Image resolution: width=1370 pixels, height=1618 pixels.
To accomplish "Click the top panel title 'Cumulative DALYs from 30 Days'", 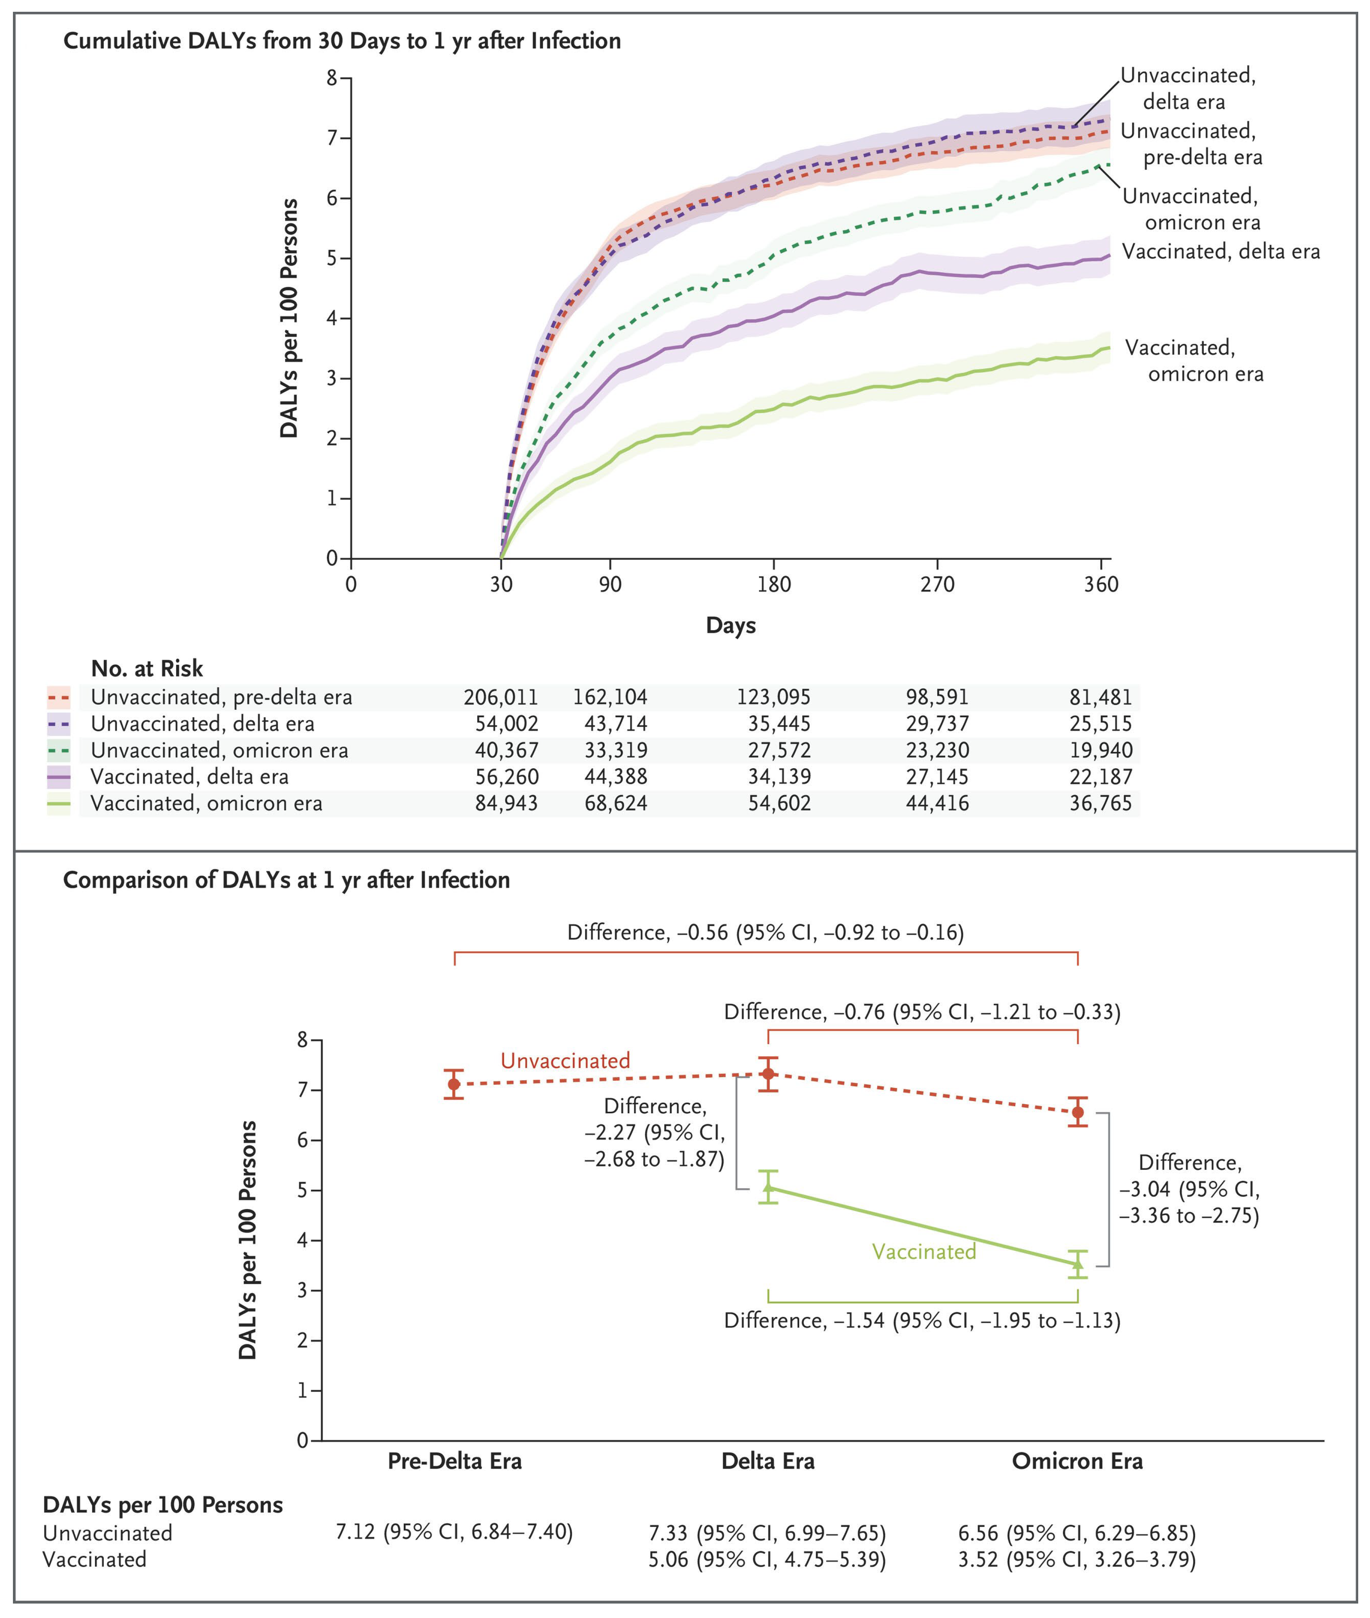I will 342,40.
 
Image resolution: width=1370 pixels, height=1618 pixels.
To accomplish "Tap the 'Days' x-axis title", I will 730,625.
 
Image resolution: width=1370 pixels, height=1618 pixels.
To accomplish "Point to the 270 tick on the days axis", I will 937,585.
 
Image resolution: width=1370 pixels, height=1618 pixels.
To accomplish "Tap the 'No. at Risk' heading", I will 147,669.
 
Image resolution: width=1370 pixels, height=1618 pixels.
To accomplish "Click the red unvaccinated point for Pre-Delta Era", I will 454,1084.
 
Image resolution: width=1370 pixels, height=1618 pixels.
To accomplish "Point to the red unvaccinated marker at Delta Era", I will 768,1074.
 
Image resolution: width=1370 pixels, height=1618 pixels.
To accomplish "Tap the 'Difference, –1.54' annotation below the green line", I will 922,1321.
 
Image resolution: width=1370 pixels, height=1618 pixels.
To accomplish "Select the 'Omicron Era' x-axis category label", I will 1077,1461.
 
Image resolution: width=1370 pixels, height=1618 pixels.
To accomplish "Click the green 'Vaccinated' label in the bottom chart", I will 924,1252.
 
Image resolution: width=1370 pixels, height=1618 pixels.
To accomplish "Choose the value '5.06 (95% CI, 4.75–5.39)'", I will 767,1560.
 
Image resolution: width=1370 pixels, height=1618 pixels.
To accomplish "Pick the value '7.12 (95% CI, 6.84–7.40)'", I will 454,1532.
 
